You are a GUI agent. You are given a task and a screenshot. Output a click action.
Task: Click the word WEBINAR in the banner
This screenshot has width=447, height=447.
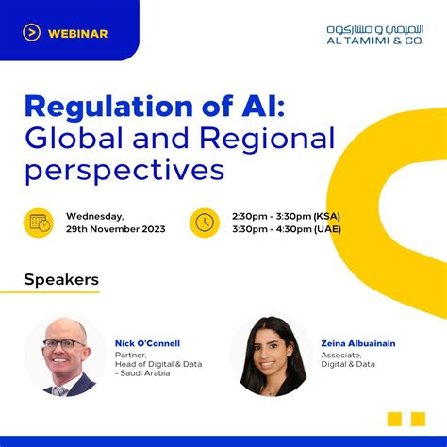(x=80, y=34)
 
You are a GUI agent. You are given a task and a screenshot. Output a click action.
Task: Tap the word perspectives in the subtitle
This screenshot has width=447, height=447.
(x=124, y=172)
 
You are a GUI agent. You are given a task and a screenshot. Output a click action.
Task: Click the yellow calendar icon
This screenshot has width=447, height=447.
(x=40, y=223)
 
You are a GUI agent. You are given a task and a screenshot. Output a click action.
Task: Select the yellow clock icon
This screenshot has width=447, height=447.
(x=206, y=223)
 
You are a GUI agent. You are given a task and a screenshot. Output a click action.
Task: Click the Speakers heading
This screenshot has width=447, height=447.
(x=61, y=279)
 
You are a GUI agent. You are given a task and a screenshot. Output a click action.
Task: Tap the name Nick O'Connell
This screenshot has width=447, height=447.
(x=149, y=343)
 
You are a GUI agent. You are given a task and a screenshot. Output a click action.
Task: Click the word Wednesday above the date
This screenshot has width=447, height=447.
(x=95, y=216)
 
